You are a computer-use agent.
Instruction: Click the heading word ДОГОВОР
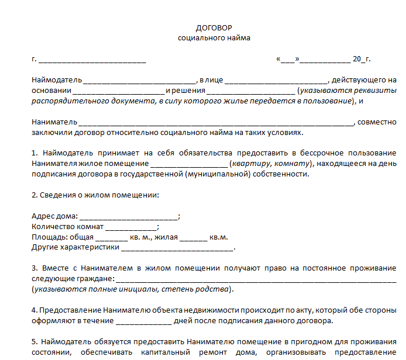(x=214, y=27)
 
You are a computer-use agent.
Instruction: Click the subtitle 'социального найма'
(x=214, y=38)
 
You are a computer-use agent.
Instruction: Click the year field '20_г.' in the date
(x=362, y=59)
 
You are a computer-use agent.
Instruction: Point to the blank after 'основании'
(x=119, y=91)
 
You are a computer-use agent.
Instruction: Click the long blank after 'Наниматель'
(x=216, y=122)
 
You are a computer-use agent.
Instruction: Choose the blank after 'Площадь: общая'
(x=111, y=238)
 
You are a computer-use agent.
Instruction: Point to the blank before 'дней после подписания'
(x=144, y=321)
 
